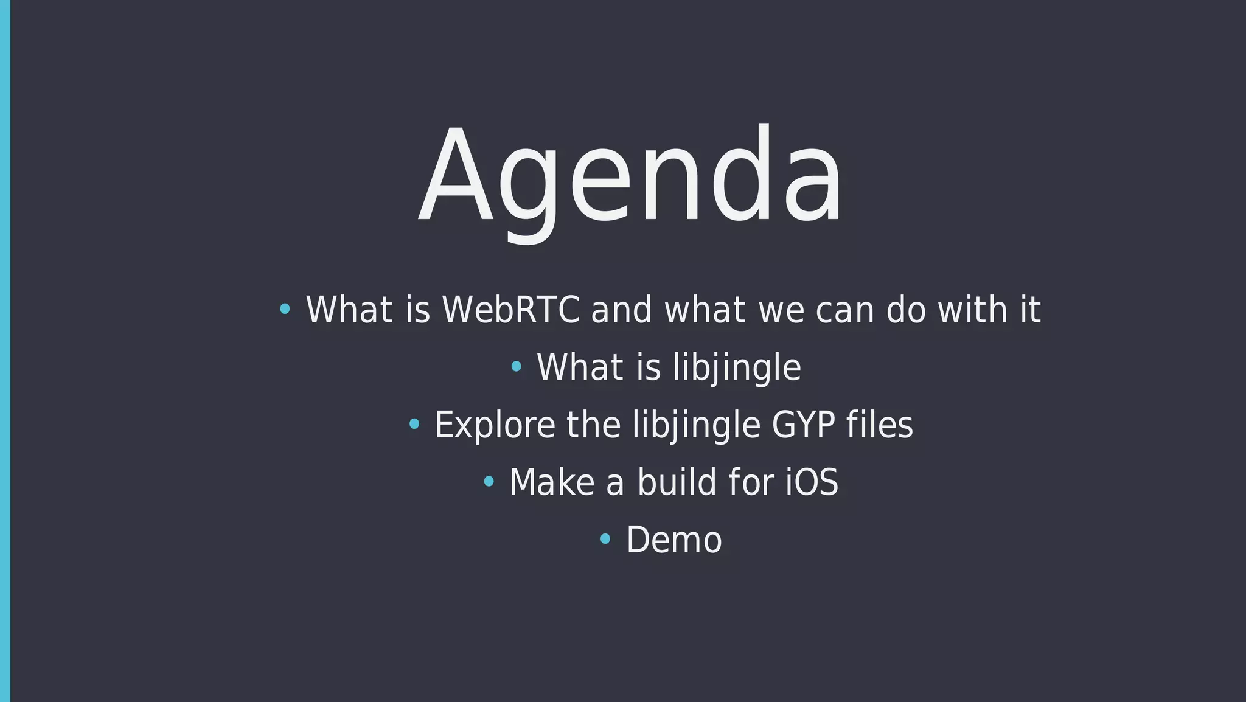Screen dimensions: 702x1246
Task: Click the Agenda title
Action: point(630,176)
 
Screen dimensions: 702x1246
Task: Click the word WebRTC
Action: point(510,310)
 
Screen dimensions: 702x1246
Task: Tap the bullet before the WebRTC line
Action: point(284,310)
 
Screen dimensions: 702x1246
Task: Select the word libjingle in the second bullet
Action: point(737,367)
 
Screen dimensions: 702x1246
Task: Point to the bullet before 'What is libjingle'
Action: point(516,367)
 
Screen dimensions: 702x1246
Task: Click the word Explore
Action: point(495,425)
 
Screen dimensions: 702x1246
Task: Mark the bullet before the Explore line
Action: point(414,424)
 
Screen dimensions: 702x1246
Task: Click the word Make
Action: point(551,482)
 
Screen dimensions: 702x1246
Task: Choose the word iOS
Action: point(812,482)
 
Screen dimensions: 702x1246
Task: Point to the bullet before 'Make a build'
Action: point(489,482)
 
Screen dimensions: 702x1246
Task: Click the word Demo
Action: point(674,540)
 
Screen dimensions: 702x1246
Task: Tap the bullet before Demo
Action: point(605,539)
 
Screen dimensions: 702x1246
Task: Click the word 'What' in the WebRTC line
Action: point(349,310)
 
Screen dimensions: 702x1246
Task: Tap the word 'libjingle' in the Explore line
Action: point(696,425)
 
